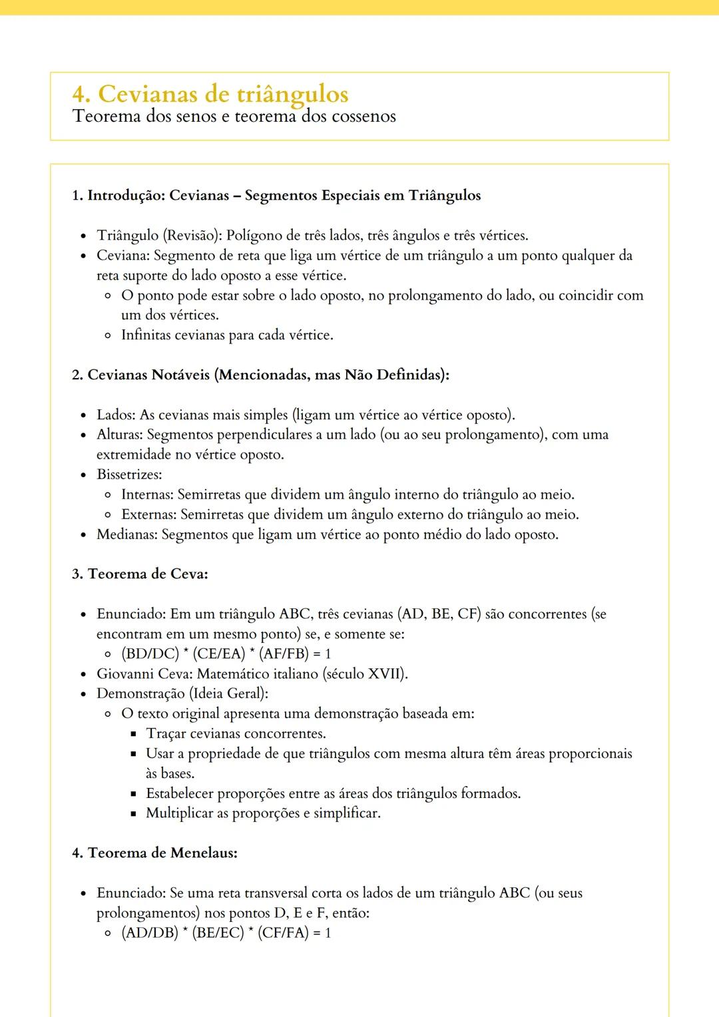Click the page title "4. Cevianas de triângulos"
tap(210, 94)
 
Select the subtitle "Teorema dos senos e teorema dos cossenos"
tap(234, 116)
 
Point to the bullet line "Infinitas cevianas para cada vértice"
tap(227, 335)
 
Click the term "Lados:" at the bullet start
tap(116, 415)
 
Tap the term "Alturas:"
tap(120, 435)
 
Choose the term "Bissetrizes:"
tap(129, 475)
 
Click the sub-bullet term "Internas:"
tap(147, 495)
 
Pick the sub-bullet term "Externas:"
tap(148, 515)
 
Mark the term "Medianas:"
tap(127, 535)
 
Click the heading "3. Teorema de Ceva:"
tap(140, 574)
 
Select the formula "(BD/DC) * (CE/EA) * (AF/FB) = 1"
tap(226, 654)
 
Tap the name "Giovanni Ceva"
tap(144, 674)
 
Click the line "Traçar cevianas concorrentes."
tap(236, 734)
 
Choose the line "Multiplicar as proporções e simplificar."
tap(263, 813)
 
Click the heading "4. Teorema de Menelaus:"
tap(154, 853)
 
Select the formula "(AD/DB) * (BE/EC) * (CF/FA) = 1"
tap(226, 933)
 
